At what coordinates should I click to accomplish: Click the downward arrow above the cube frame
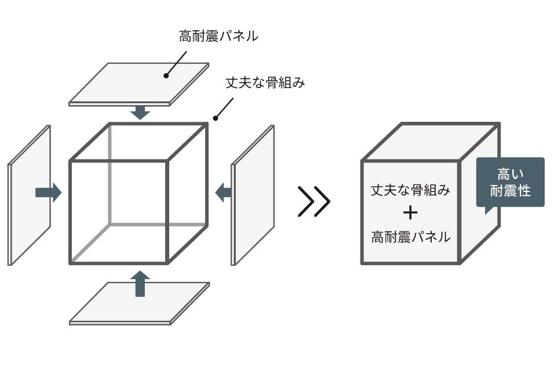(140, 113)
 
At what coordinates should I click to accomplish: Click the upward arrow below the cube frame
(140, 284)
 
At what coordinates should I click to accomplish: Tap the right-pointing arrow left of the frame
(49, 193)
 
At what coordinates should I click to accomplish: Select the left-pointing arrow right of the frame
(223, 193)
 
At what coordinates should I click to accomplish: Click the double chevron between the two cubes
(314, 201)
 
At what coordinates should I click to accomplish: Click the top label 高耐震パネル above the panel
(218, 36)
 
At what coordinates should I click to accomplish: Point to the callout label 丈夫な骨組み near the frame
(265, 83)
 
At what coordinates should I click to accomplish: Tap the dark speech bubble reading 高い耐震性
(510, 183)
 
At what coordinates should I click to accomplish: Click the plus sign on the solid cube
(410, 212)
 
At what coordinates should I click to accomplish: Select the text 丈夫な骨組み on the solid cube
(410, 190)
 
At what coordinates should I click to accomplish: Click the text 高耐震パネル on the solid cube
(410, 237)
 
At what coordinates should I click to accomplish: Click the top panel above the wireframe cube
(139, 84)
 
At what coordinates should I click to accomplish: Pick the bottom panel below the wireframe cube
(140, 303)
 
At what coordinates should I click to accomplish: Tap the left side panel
(30, 195)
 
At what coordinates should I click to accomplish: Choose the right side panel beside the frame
(253, 195)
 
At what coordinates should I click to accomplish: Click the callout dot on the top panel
(166, 75)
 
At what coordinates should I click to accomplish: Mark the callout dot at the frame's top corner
(215, 118)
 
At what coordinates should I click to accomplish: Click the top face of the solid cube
(431, 142)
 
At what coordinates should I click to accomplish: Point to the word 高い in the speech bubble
(510, 175)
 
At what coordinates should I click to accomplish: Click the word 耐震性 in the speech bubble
(510, 191)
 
